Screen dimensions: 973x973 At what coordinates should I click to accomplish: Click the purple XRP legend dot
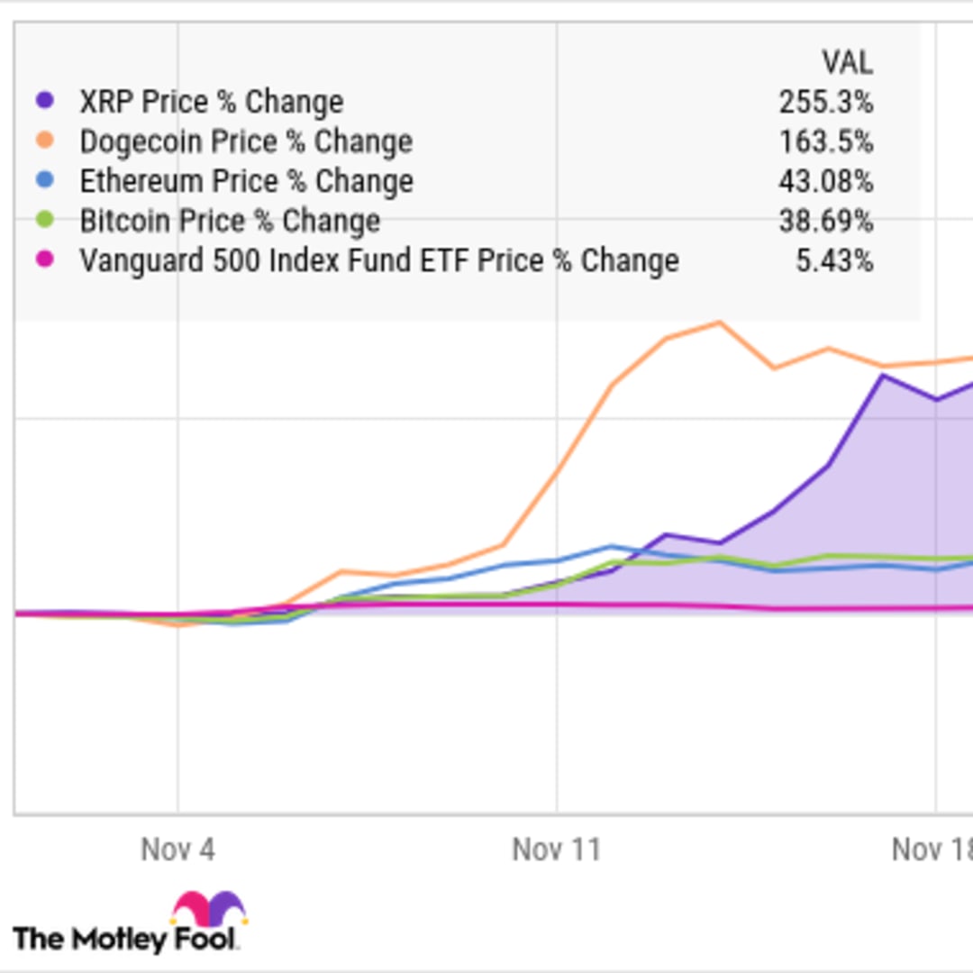click(44, 101)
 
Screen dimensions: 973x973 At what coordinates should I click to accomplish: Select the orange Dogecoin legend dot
click(44, 141)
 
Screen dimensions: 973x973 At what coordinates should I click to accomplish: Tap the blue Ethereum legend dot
click(44, 180)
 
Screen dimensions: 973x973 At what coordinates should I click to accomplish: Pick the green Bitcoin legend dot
click(44, 220)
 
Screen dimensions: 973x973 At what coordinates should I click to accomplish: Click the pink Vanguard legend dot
click(44, 260)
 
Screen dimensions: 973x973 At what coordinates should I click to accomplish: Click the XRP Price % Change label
click(211, 102)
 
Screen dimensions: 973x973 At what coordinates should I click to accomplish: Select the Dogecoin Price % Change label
click(246, 141)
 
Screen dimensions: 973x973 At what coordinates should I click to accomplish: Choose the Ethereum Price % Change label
click(246, 181)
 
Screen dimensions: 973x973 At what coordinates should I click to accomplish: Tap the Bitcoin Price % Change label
click(230, 221)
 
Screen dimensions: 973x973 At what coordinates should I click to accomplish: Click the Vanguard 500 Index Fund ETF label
click(378, 260)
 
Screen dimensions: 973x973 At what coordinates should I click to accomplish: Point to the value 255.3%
click(826, 102)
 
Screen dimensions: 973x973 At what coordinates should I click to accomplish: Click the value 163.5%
click(826, 141)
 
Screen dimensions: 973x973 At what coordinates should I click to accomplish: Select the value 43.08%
click(826, 181)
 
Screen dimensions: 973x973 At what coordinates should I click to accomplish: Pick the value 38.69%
click(826, 221)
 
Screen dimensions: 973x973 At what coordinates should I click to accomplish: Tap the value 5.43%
click(834, 260)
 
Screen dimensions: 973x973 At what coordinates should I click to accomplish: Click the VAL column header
click(847, 62)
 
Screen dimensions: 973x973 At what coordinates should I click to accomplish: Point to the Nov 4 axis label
click(177, 849)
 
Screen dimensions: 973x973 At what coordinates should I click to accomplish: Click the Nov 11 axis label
click(556, 849)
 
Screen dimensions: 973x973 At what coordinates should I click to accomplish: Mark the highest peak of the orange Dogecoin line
click(719, 322)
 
